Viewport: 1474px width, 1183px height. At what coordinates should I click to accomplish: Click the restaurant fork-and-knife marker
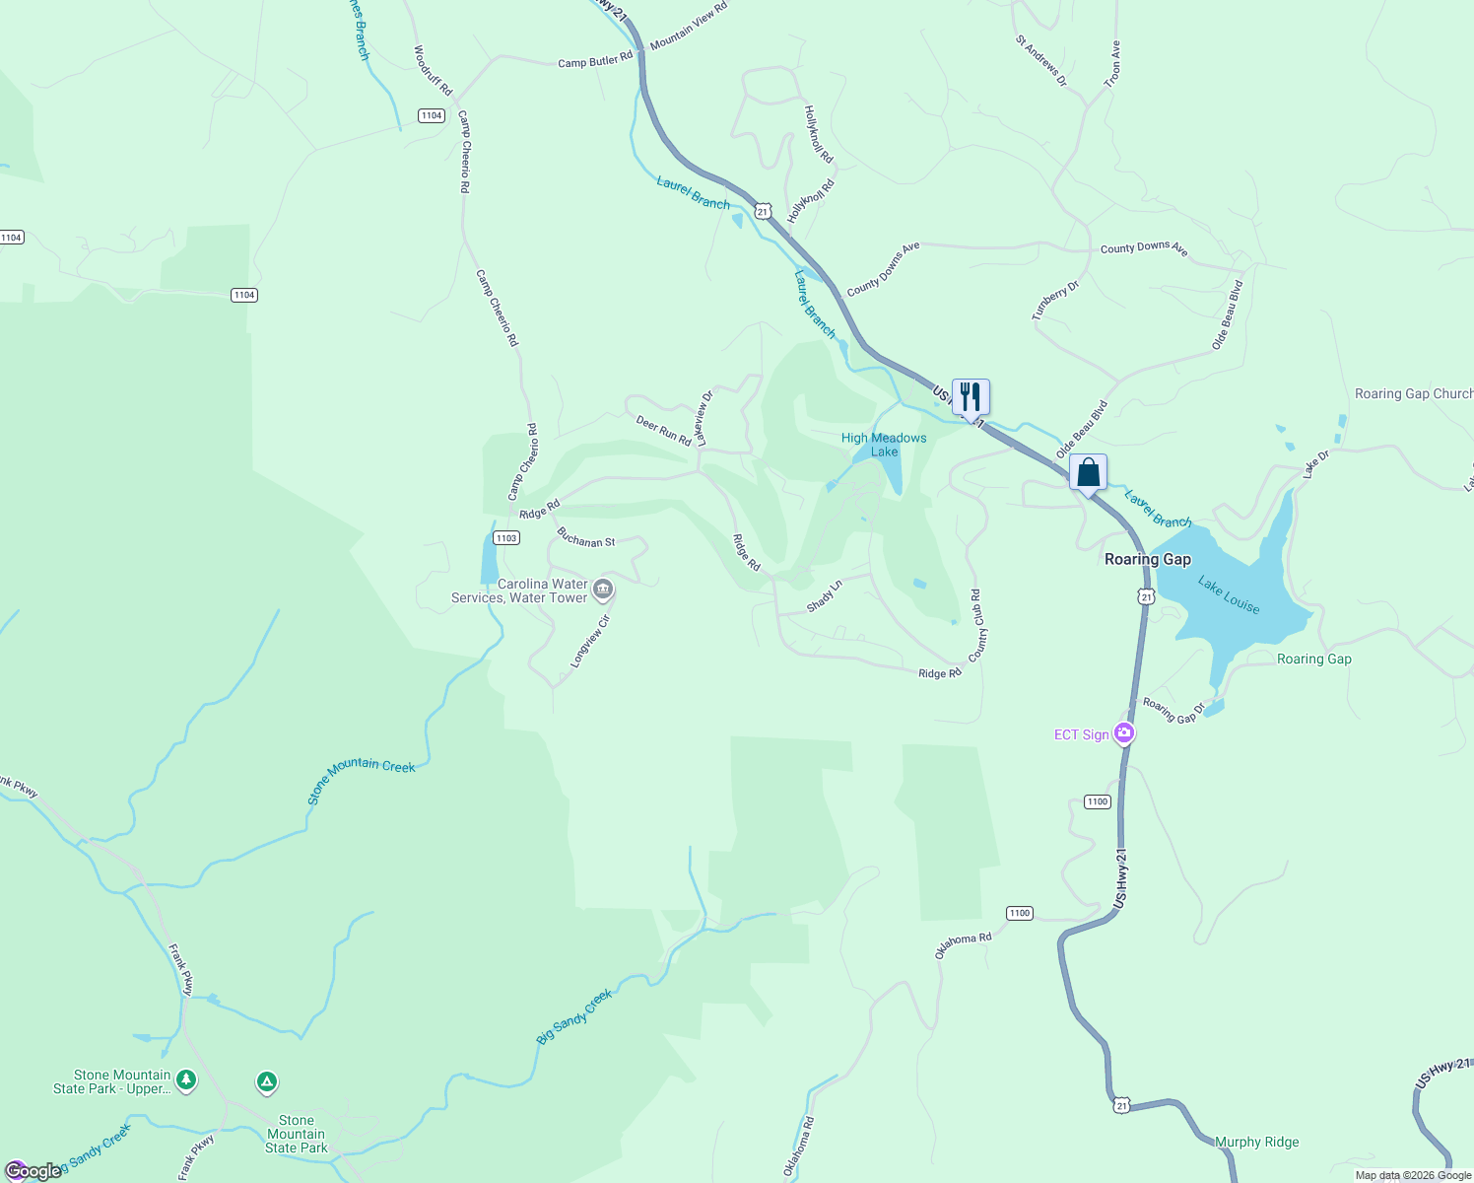point(971,397)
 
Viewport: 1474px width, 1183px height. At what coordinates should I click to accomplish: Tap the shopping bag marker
point(1088,472)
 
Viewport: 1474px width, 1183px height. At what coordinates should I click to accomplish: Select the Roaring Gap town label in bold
point(1147,559)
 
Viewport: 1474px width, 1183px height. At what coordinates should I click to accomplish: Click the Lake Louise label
point(1229,595)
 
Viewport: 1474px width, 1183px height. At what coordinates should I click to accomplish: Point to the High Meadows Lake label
point(884,445)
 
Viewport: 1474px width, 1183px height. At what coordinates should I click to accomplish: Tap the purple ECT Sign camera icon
point(1123,733)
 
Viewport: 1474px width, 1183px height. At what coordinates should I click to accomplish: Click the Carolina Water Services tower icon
point(603,590)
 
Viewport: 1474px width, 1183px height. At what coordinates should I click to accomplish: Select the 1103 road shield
point(506,538)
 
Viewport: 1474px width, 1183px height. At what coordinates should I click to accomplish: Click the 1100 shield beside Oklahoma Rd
point(1020,913)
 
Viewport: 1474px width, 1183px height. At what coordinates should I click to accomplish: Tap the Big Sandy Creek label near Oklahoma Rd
point(574,1016)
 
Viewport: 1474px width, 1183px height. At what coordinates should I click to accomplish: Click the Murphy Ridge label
point(1256,1142)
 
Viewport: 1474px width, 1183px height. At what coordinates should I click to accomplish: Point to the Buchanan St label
point(585,537)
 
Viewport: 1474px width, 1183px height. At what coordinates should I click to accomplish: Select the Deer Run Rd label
point(663,431)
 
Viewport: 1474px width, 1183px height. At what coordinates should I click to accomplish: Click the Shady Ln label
point(825,596)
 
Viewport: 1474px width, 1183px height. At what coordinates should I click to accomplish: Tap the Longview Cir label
point(591,642)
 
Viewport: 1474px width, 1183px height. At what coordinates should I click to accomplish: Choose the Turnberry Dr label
point(1055,301)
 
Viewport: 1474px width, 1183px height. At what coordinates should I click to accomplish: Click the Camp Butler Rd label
point(595,61)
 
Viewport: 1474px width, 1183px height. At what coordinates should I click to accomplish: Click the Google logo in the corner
point(33,1171)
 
